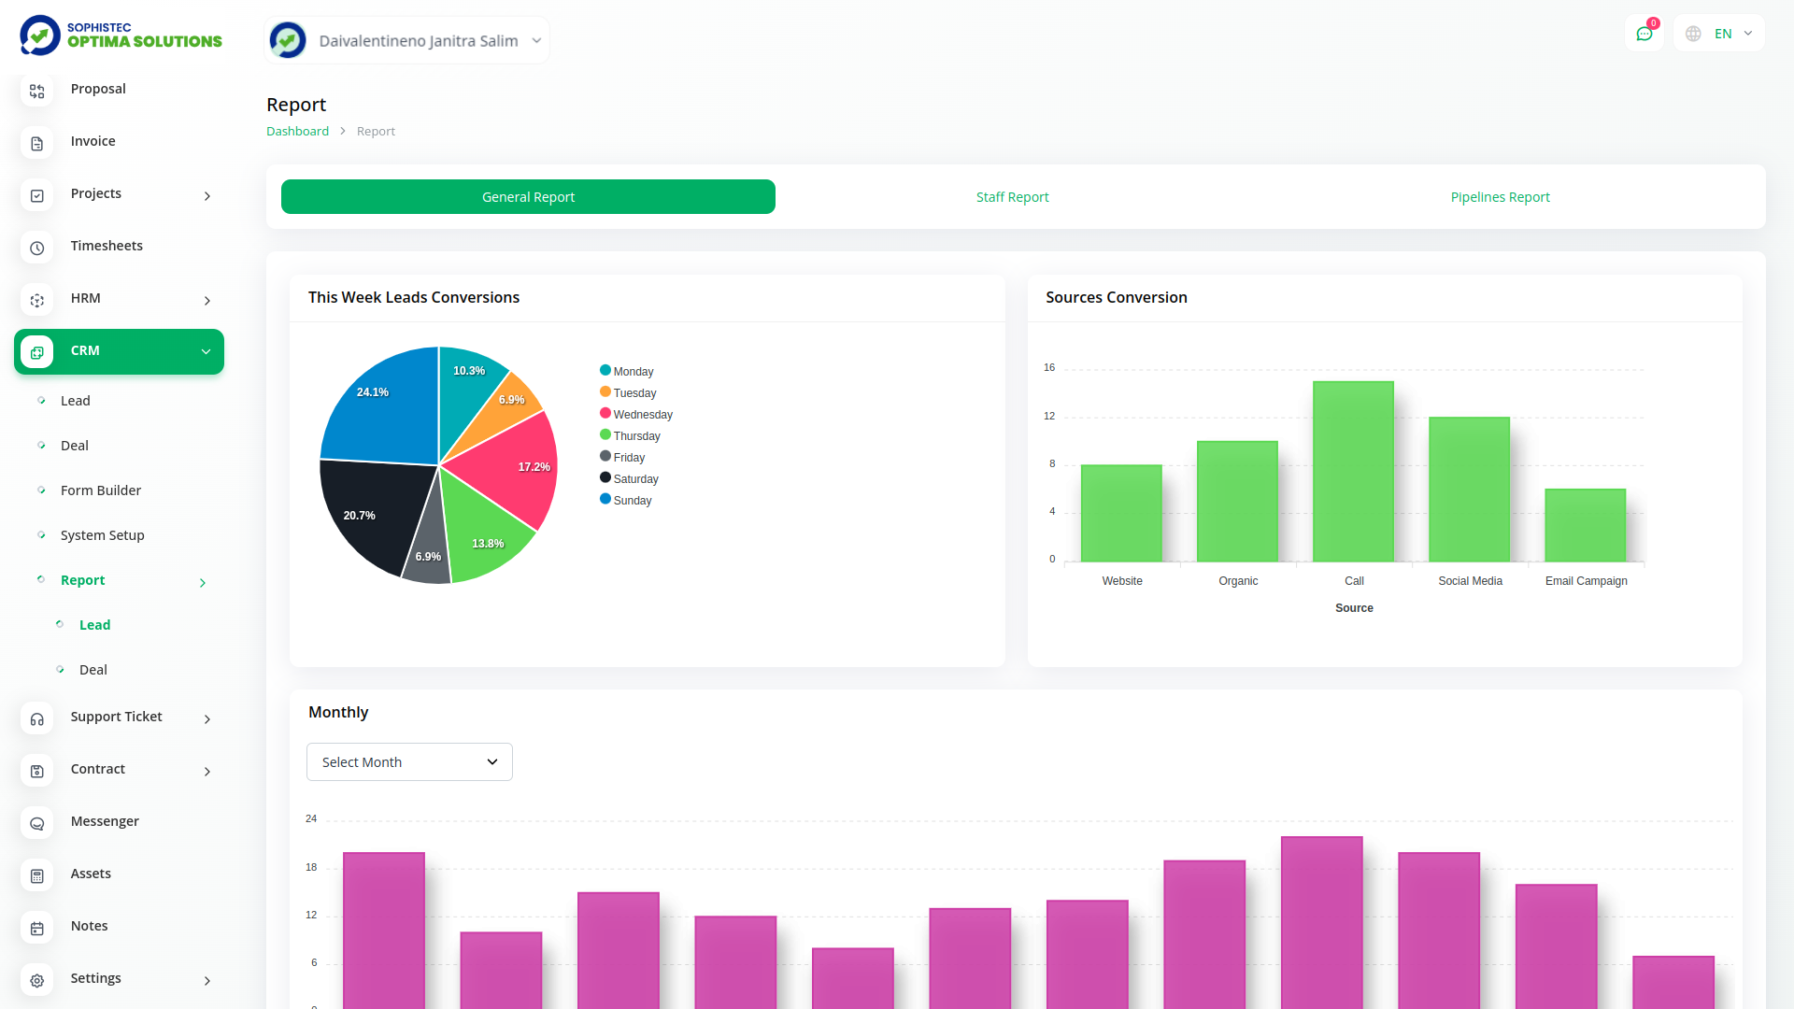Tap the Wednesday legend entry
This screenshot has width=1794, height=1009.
(642, 415)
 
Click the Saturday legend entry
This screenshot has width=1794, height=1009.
(635, 479)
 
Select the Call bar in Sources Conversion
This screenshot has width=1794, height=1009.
(1353, 472)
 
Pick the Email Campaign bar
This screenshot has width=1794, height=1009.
(1585, 525)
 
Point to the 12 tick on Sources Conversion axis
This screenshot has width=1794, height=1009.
(1049, 417)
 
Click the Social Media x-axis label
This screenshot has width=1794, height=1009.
(1470, 581)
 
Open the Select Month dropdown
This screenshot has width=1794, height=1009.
(409, 762)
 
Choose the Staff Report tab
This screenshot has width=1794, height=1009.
(1012, 197)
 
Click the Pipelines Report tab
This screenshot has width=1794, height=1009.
(1500, 197)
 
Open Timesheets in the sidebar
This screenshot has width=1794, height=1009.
(107, 246)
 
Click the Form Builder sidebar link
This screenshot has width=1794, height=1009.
(101, 490)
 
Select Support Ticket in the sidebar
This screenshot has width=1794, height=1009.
(116, 717)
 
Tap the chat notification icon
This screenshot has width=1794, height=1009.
(1644, 34)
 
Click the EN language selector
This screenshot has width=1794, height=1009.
(1722, 34)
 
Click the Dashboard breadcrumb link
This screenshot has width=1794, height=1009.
(297, 132)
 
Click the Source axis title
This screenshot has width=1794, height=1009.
(1354, 608)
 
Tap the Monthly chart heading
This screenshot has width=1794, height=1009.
(338, 712)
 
